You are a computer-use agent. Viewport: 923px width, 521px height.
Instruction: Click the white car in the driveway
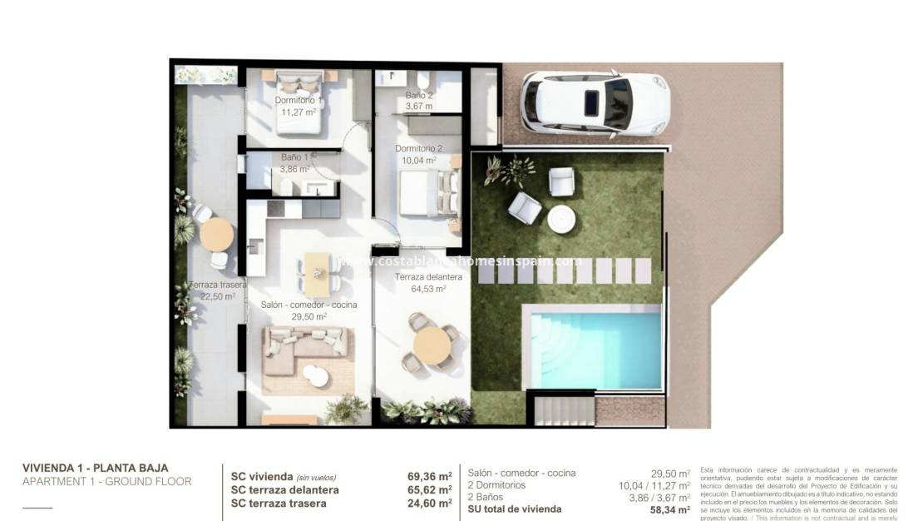pos(594,103)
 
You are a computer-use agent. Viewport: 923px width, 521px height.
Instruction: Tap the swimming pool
pos(596,345)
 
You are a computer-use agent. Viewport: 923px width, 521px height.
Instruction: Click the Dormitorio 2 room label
pos(418,148)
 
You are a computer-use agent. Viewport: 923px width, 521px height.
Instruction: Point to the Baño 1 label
pos(294,156)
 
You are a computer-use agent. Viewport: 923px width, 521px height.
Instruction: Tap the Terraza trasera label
pos(217,285)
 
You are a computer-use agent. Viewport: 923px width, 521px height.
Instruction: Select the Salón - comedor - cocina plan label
pos(308,305)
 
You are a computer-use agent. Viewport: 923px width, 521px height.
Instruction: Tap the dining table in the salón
pos(318,273)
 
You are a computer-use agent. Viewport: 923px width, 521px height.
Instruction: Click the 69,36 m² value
pos(429,478)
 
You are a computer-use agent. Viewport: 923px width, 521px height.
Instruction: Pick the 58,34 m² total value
pos(671,509)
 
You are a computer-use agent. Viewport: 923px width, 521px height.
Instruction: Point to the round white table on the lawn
pos(561,219)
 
